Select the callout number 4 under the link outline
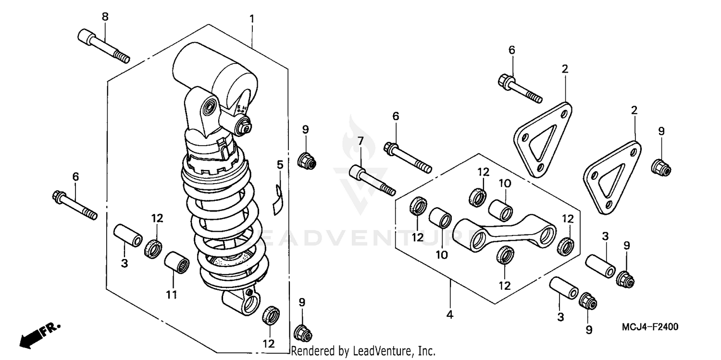449,315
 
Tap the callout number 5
280,165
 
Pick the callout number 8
105,17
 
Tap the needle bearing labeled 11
176,261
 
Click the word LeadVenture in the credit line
379,351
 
